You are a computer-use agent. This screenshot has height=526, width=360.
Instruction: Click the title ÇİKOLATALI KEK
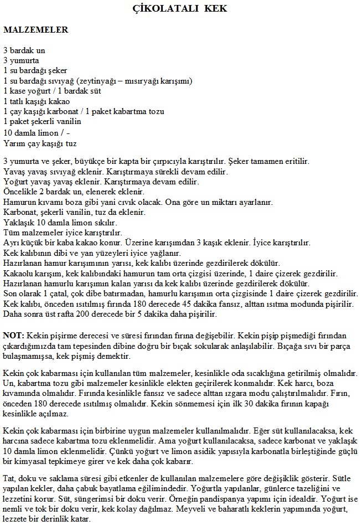click(x=180, y=9)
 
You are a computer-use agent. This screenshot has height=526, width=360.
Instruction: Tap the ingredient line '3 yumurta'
click(x=22, y=60)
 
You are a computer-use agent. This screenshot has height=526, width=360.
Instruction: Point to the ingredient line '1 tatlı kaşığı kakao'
click(x=37, y=101)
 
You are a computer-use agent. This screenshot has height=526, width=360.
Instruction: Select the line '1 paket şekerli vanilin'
click(x=42, y=121)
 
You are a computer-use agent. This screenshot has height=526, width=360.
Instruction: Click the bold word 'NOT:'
click(x=13, y=336)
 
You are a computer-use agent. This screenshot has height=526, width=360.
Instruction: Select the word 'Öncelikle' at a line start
click(x=20, y=192)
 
